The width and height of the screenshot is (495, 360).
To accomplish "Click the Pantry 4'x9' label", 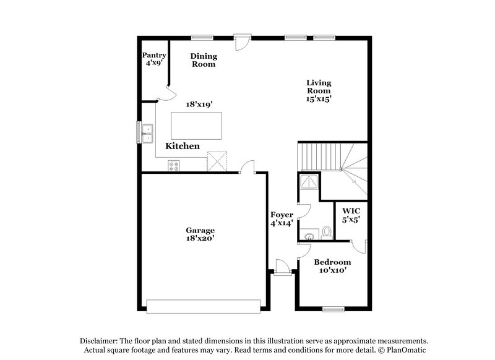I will tap(154, 59).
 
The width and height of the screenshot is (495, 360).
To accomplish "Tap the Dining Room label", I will tap(203, 59).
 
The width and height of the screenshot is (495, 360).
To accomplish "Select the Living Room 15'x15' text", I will tap(319, 90).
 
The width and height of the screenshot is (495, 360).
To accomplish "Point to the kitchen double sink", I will tap(147, 131).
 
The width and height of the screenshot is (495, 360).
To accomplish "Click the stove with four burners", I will tap(174, 165).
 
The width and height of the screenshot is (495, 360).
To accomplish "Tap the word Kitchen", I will tap(182, 147).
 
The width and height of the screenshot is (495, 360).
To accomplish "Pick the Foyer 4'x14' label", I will tap(281, 219).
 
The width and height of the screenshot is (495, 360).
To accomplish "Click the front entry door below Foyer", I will tap(282, 267).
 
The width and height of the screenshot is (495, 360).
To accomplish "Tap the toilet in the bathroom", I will tap(327, 232).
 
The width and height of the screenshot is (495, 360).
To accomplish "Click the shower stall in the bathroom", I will tap(307, 181).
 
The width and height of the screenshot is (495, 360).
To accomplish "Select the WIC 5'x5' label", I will tap(351, 215).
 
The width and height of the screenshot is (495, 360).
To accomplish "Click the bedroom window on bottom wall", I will tap(333, 307).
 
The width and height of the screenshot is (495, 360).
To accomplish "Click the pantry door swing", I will tap(163, 93).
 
